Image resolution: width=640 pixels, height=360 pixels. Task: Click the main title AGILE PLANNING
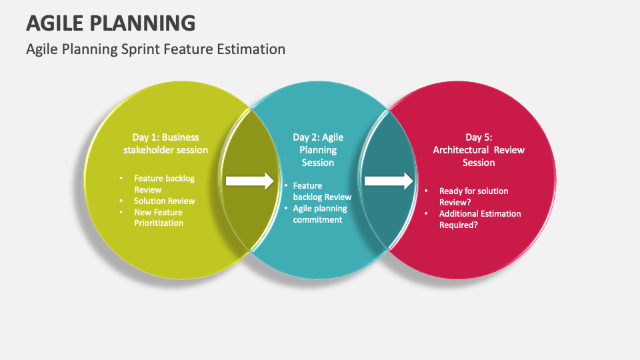111,23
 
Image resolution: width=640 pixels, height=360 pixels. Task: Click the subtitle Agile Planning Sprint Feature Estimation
155,49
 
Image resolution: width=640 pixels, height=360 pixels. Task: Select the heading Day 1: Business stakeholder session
165,144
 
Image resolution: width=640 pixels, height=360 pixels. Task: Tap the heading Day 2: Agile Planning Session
318,150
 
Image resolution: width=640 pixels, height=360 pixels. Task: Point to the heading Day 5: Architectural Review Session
479,150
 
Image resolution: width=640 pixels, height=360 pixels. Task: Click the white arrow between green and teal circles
250,181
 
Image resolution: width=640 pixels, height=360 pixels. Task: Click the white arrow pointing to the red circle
389,181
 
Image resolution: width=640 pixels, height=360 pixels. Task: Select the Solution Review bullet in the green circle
164,201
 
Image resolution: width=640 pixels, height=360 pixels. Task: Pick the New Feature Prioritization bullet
159,217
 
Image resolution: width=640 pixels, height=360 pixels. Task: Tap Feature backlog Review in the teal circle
322,191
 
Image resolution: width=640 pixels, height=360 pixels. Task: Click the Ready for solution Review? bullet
473,197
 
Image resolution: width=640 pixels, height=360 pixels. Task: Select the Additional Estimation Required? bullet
479,219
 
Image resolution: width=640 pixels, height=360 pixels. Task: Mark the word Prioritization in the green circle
159,223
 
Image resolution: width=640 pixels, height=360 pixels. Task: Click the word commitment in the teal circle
317,220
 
